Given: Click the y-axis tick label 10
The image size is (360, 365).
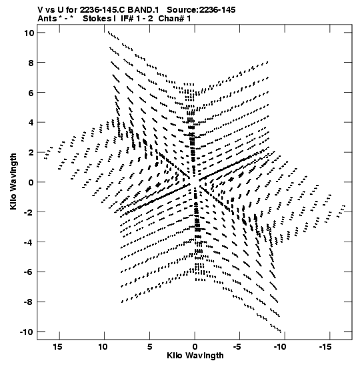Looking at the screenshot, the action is coord(29,33).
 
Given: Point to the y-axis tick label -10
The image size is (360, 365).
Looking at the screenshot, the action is coord(27,332).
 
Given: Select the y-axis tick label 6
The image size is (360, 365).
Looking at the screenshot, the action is coord(31,93).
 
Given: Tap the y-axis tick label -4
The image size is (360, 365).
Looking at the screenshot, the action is coord(29,242).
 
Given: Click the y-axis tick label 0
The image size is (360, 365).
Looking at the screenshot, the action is coord(31,182).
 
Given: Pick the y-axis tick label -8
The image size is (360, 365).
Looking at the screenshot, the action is coord(29,302).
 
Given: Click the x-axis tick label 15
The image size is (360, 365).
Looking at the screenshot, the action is coord(57,347).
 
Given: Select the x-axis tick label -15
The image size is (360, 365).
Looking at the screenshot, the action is coord(325,347).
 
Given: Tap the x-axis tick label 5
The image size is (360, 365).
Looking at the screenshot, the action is coord(149,347).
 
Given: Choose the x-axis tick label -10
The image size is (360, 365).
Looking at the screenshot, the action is coord(280,347).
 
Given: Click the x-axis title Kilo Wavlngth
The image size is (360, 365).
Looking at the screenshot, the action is coord(195,356).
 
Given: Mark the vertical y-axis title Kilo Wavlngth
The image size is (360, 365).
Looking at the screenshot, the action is coord(13,181).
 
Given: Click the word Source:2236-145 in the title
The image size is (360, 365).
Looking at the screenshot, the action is coord(201,10).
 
